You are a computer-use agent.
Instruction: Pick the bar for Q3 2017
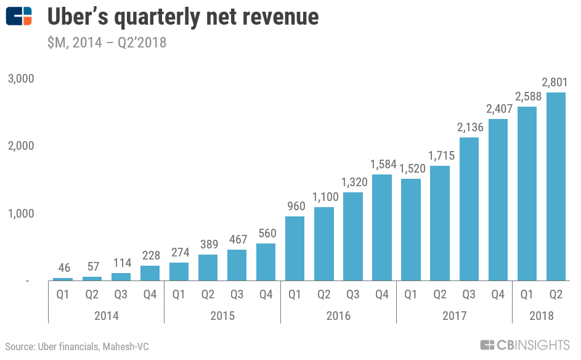(469, 209)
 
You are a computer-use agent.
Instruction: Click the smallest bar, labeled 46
(63, 279)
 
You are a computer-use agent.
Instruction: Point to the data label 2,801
(556, 82)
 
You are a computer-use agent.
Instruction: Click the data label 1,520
(411, 168)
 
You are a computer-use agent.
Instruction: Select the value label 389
(208, 244)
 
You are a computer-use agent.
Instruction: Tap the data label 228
(150, 255)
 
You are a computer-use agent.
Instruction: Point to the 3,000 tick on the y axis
(20, 79)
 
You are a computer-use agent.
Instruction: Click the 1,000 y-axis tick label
(20, 213)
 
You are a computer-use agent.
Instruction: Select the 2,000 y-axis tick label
(20, 146)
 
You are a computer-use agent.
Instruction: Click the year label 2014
(106, 316)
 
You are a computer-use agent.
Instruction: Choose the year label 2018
(541, 316)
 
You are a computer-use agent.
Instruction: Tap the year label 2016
(338, 316)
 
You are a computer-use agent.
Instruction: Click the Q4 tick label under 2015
(266, 295)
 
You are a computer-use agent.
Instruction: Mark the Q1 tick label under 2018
(527, 295)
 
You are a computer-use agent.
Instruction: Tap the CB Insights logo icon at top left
(19, 17)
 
